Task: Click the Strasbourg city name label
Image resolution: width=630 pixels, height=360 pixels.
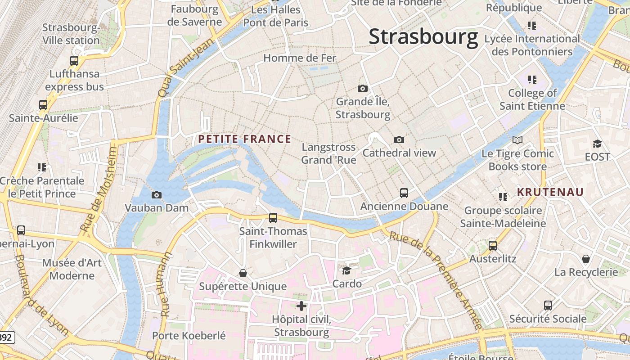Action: click(x=423, y=37)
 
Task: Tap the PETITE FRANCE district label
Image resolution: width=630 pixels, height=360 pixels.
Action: click(x=244, y=139)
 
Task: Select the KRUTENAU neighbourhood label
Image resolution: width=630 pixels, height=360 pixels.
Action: click(x=550, y=192)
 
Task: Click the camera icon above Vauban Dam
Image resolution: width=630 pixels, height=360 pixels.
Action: click(x=157, y=195)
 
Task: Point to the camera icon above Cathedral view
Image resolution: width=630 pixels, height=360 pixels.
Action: click(x=399, y=139)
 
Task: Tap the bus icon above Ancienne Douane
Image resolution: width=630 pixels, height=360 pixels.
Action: click(x=404, y=193)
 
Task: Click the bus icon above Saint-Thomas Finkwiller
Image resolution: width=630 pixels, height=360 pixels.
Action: click(x=273, y=218)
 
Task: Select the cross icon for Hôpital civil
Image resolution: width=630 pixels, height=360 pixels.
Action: click(x=301, y=306)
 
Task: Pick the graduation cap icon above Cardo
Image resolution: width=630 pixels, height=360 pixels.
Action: click(x=346, y=270)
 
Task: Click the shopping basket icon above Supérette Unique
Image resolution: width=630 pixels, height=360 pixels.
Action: click(x=243, y=273)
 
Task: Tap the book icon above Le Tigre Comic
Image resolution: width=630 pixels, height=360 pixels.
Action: click(x=517, y=140)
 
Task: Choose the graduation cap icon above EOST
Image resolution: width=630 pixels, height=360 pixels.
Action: click(x=597, y=144)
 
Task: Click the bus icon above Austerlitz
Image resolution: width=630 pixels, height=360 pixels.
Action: click(x=493, y=246)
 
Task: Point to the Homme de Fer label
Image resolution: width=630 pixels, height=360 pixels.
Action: click(x=300, y=58)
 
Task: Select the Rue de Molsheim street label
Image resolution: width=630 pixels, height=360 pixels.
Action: click(x=99, y=189)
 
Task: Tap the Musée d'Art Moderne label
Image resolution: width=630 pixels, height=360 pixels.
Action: click(x=72, y=269)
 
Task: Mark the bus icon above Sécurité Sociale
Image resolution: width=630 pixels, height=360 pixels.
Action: click(x=548, y=306)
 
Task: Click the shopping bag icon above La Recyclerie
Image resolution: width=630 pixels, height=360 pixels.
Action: click(x=585, y=259)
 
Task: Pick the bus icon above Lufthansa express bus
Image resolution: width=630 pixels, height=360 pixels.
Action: click(x=74, y=60)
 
